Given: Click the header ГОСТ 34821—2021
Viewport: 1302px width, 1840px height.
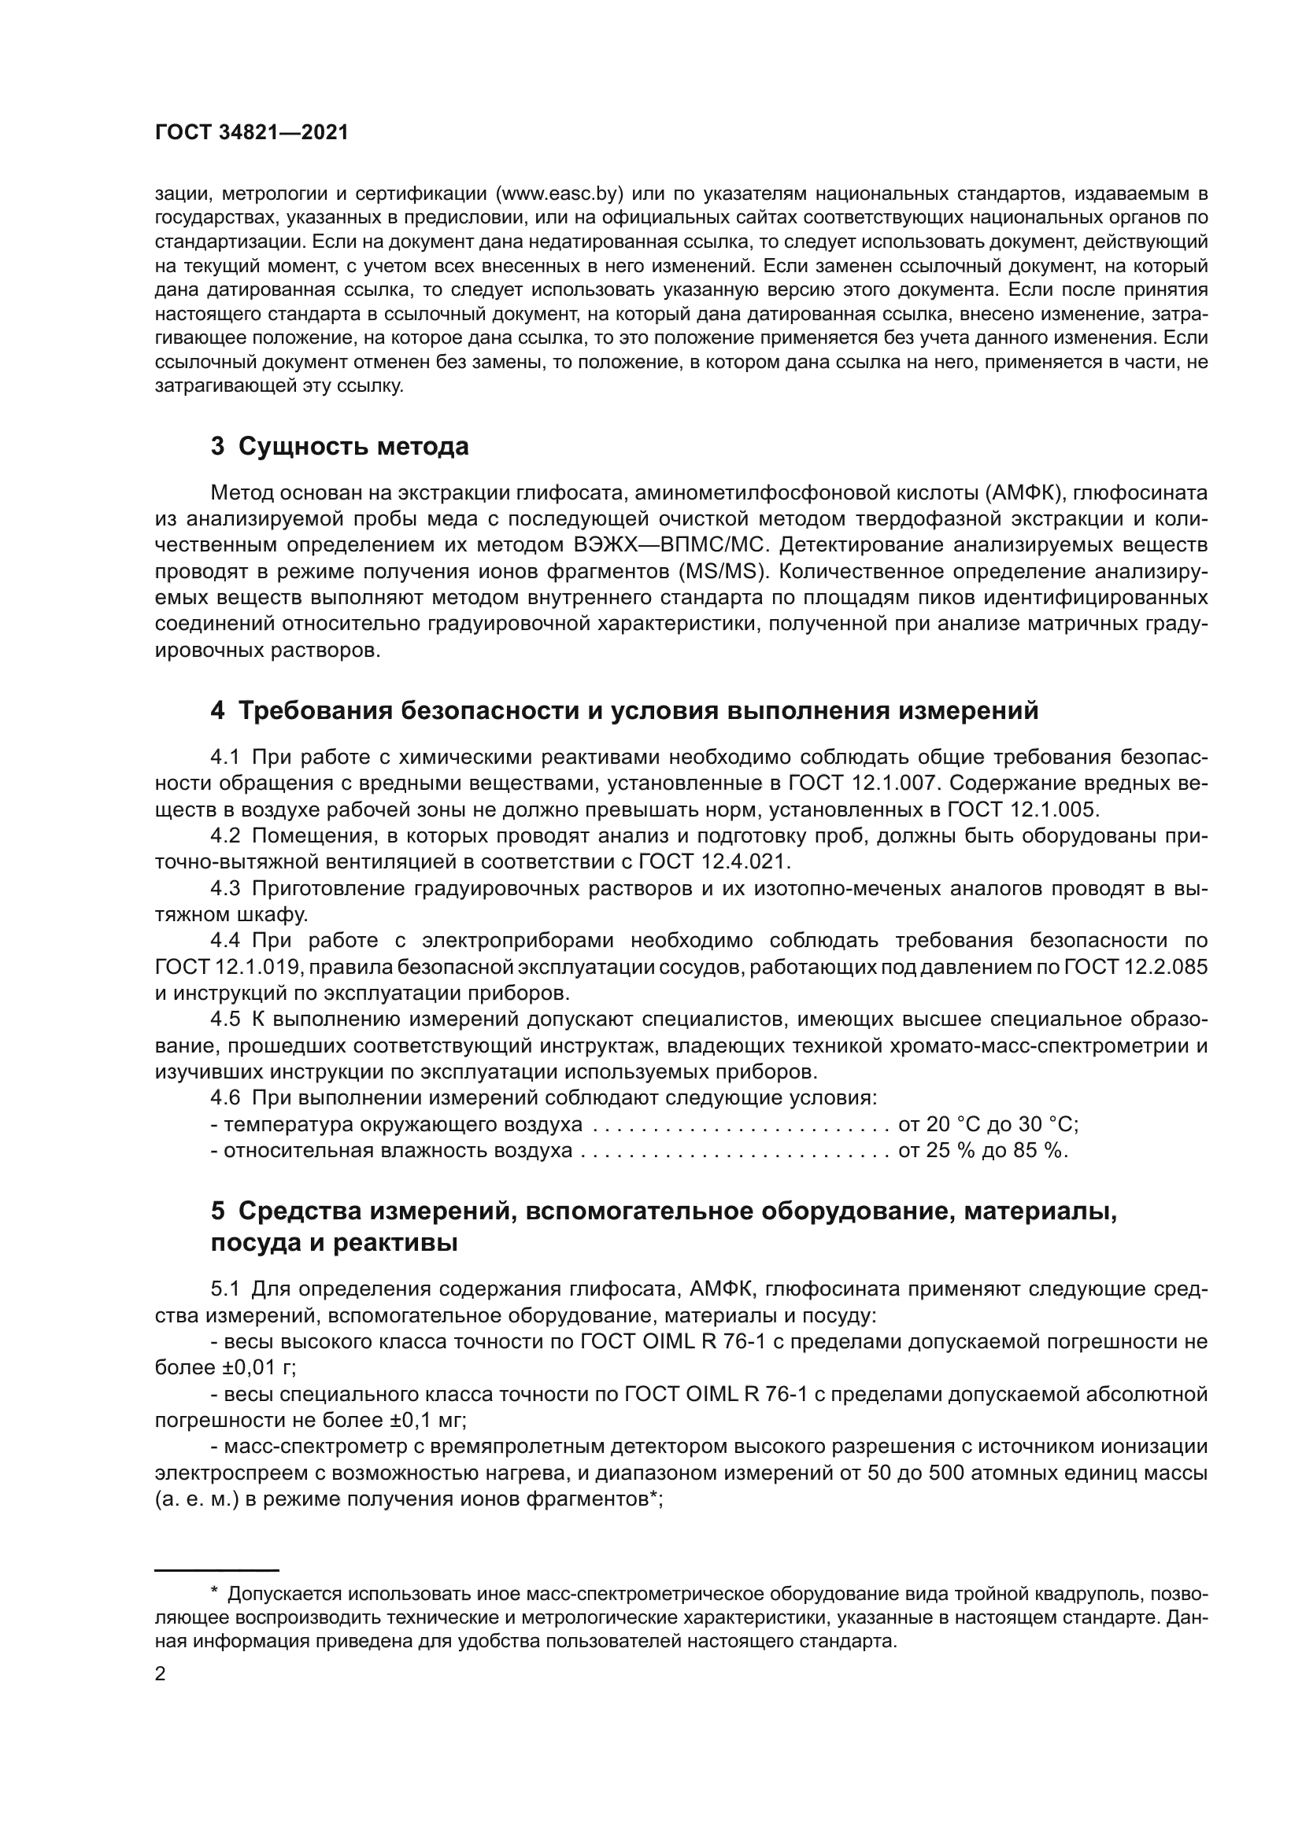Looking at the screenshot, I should tap(252, 133).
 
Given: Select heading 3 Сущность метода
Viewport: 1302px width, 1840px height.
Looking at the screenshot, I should tap(340, 446).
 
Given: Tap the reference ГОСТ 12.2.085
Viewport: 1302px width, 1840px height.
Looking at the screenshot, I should tap(1135, 968).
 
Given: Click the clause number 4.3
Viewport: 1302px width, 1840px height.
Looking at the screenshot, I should tap(225, 889).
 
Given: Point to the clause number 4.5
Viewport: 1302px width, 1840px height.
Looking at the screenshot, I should tap(225, 1020).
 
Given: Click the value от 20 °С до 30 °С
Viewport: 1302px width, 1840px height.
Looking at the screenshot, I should tap(988, 1125).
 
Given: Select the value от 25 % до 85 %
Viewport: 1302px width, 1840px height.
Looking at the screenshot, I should tap(983, 1152).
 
